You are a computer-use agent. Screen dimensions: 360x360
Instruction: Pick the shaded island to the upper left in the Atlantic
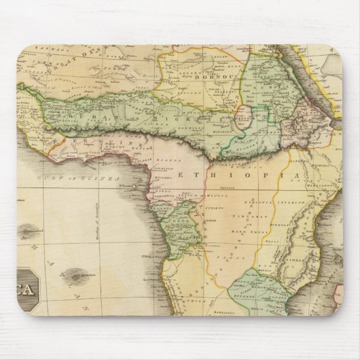tap(29, 232)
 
